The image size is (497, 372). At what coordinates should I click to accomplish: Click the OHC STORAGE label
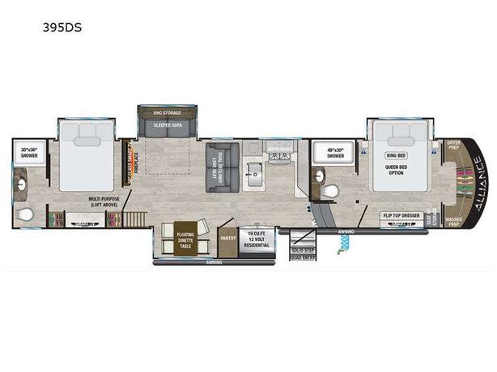point(167,112)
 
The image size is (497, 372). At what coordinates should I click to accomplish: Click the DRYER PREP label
point(453,145)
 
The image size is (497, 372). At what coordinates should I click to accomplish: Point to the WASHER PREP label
point(453,222)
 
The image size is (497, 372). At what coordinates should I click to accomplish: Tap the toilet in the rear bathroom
point(25,213)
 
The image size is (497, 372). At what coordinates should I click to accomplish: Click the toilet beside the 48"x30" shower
point(330,191)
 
